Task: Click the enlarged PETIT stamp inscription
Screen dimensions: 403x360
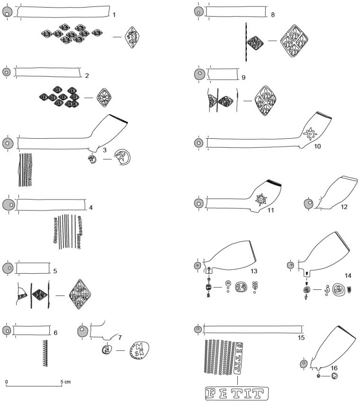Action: point(235,393)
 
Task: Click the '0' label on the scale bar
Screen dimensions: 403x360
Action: point(7,381)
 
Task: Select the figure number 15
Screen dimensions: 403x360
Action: point(301,338)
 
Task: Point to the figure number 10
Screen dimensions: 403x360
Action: point(317,146)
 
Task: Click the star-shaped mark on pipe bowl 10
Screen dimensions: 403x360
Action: point(310,134)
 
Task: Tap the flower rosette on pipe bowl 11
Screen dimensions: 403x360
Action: point(260,201)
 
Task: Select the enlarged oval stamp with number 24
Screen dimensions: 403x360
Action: point(241,287)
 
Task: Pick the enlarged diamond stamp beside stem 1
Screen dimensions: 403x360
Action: point(133,37)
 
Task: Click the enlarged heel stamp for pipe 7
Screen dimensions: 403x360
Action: point(138,351)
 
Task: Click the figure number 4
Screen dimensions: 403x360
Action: point(90,207)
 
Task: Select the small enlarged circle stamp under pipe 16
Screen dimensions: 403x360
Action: point(335,376)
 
